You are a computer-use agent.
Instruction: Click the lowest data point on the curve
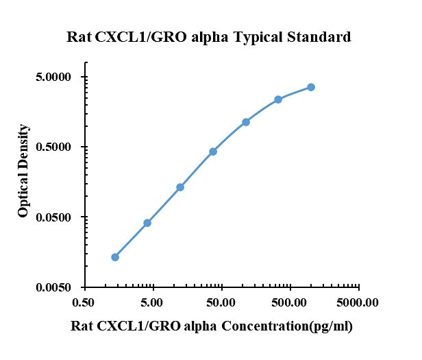(115, 257)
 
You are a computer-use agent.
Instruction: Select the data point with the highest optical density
(311, 87)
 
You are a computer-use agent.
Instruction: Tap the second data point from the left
(147, 223)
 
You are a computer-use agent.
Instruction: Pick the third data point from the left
(180, 187)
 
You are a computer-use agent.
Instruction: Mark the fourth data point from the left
(213, 152)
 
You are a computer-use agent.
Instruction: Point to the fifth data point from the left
(246, 122)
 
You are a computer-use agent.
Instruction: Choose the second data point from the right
(278, 99)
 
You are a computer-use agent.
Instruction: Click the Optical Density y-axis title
(24, 171)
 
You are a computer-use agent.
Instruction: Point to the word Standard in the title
(322, 37)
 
